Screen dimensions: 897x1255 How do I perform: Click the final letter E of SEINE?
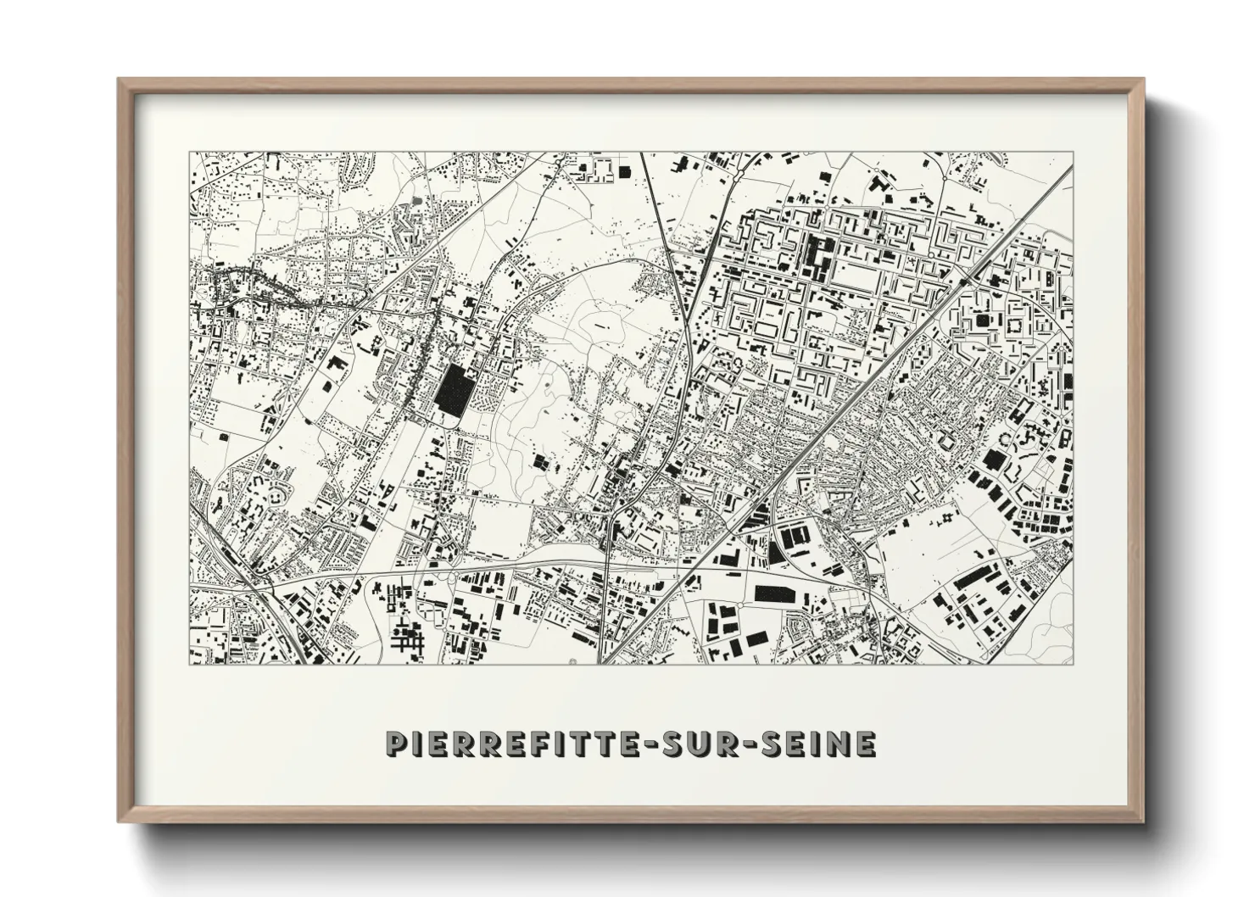866,744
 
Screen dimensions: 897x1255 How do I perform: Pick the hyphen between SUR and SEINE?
734,744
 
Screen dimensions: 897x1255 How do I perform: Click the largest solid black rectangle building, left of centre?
455,392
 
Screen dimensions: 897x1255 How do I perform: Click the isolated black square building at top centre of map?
626,172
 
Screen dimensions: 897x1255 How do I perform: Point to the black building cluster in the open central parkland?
540,462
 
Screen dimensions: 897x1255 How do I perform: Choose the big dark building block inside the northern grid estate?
820,254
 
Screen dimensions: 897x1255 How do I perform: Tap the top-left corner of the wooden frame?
120,80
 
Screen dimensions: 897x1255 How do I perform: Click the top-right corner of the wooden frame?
1142,80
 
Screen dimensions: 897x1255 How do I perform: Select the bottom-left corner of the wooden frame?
120,821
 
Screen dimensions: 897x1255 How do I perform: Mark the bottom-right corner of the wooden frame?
1142,821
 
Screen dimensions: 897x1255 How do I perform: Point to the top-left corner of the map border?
190,153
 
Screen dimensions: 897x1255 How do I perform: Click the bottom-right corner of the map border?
1073,664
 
